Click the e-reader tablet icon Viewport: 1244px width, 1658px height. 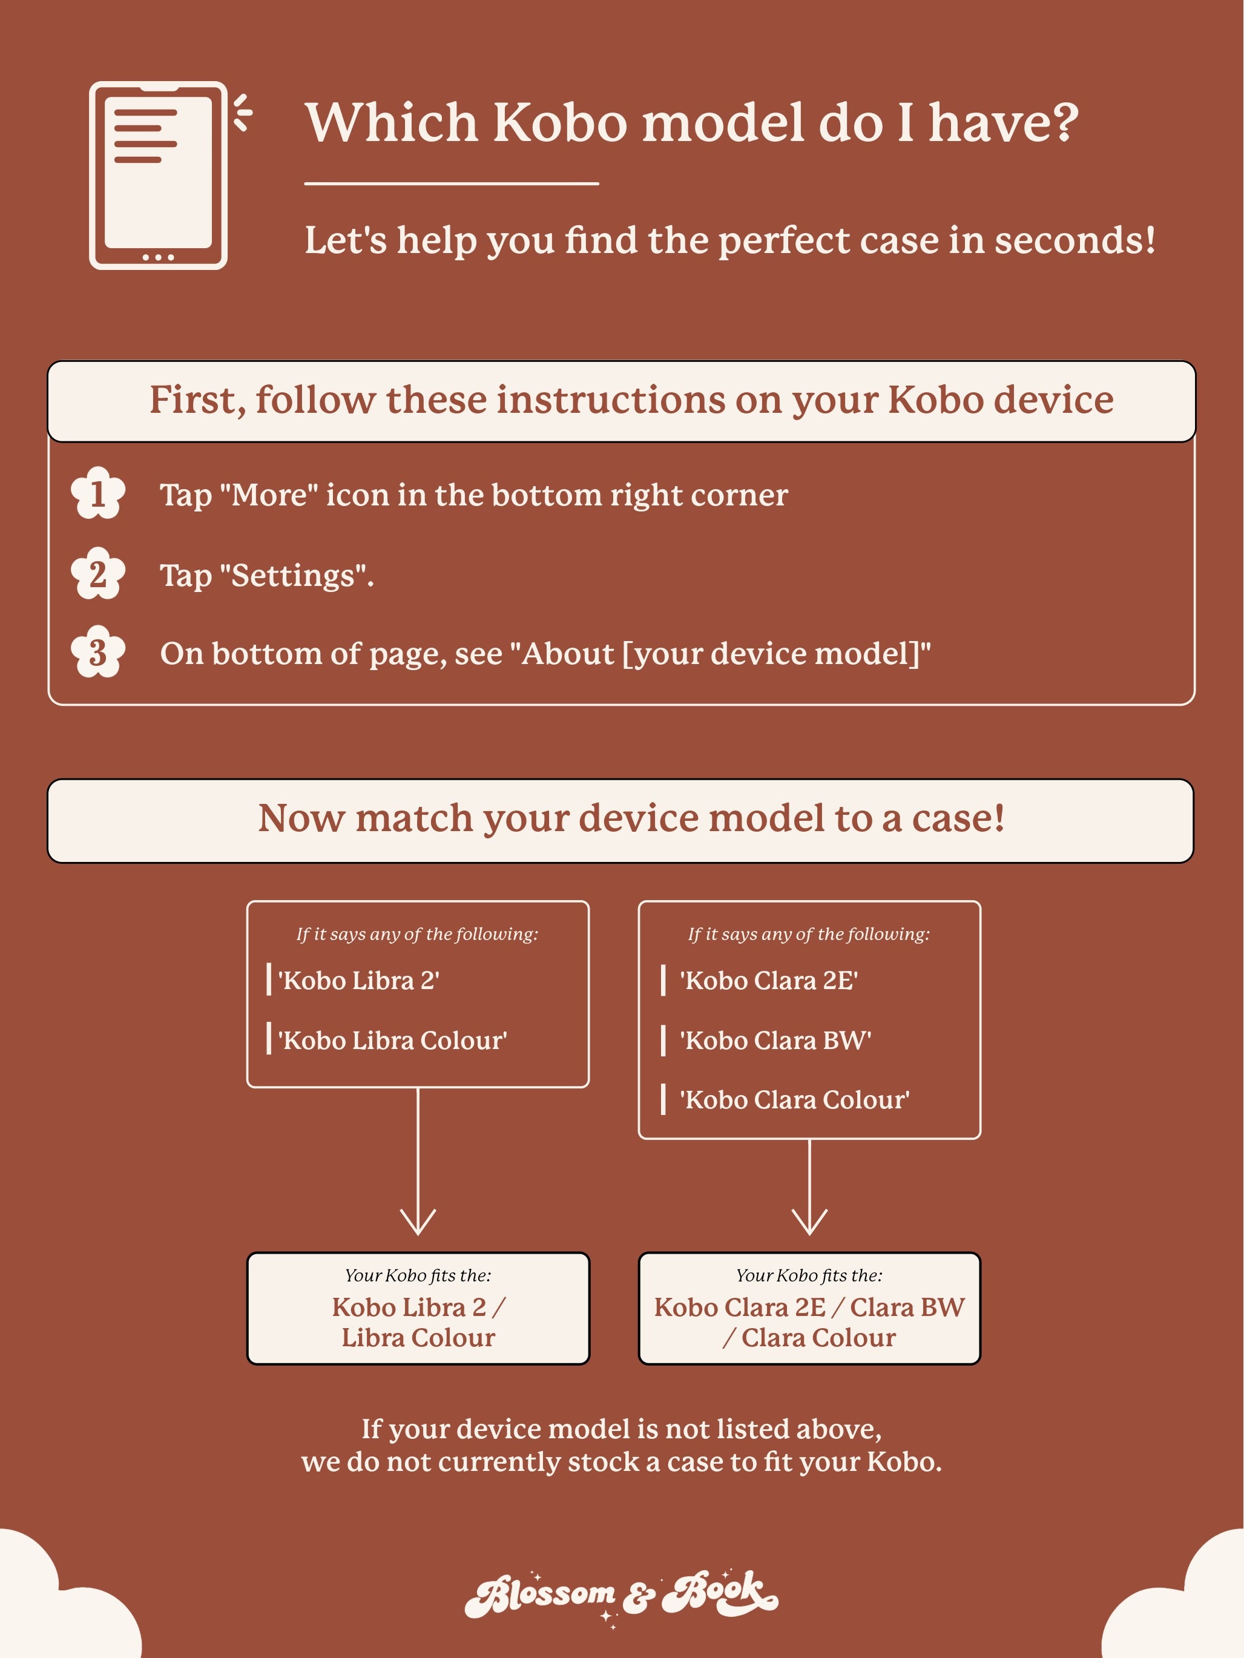click(x=159, y=176)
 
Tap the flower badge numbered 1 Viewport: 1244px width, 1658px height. click(x=97, y=494)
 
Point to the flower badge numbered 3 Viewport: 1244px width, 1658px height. click(x=97, y=652)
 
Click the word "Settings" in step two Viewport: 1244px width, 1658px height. click(x=292, y=576)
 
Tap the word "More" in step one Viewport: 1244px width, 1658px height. click(x=269, y=495)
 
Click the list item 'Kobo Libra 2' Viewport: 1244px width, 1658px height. click(x=358, y=981)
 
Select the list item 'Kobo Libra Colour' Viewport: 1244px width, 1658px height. click(x=392, y=1041)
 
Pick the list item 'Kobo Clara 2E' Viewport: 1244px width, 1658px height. click(x=768, y=981)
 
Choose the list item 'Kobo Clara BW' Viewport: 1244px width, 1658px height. click(x=775, y=1041)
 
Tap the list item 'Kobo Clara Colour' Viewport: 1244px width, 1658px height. click(x=794, y=1100)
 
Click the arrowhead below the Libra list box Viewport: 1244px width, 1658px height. click(x=418, y=1223)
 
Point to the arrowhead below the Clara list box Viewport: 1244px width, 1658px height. click(x=809, y=1223)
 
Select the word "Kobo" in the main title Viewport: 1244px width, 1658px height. click(x=560, y=122)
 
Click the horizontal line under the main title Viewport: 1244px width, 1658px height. click(x=451, y=183)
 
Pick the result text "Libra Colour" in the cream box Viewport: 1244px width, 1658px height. click(x=418, y=1338)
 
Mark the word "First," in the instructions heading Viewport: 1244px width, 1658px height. click(x=197, y=400)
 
